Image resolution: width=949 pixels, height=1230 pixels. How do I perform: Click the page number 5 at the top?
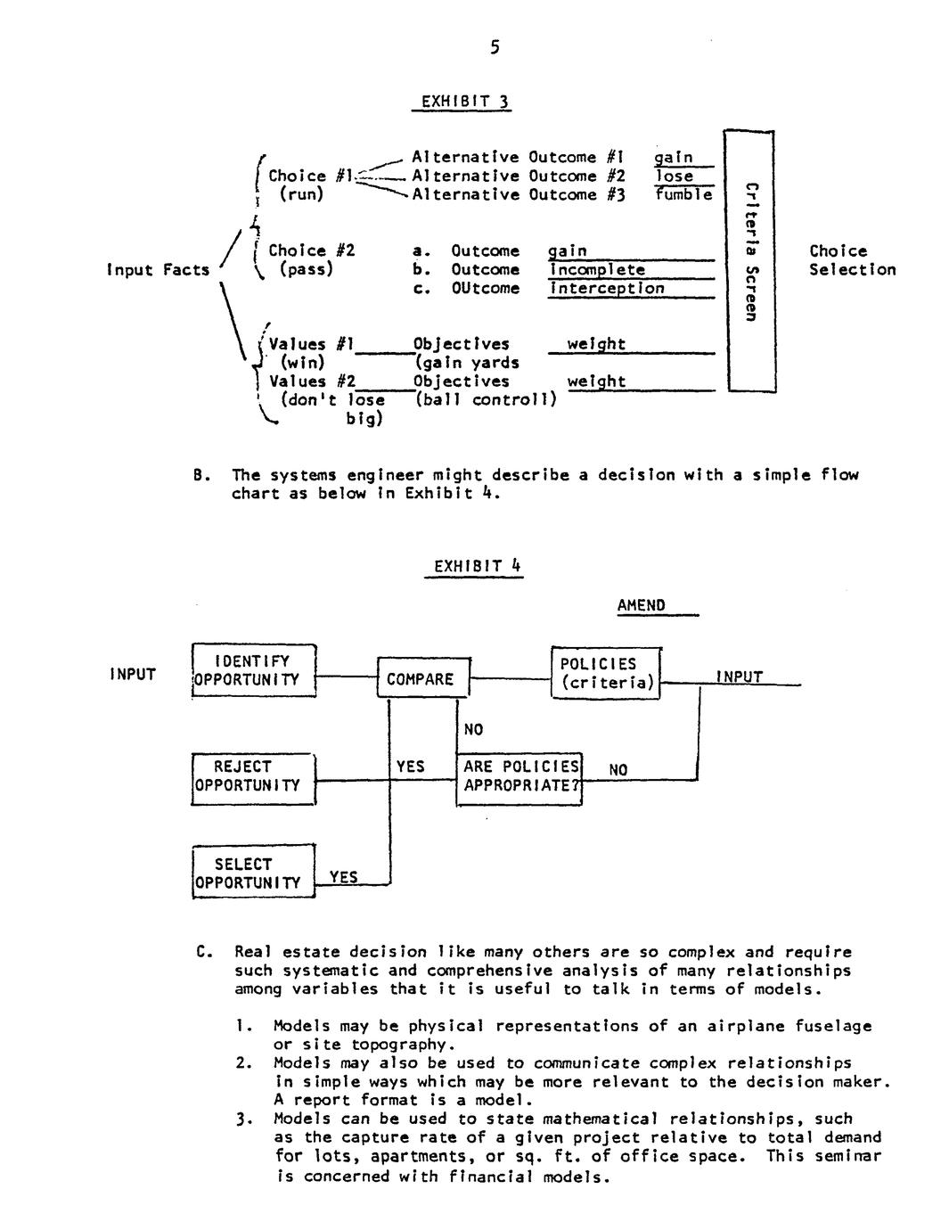[495, 48]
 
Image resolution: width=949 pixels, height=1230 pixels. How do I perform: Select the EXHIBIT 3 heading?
[461, 102]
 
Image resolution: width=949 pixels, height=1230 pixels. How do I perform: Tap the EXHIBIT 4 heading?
[477, 566]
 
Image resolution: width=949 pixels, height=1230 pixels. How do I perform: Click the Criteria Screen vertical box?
[750, 260]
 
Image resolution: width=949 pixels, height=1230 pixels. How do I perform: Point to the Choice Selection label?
[852, 260]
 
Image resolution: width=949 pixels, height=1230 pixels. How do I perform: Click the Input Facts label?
[158, 270]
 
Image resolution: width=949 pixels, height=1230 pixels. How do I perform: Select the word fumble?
[684, 194]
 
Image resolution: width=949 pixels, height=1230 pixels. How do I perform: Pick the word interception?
[607, 288]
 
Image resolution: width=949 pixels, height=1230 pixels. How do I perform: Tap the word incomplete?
[597, 269]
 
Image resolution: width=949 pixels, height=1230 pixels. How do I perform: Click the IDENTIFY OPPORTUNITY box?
[254, 670]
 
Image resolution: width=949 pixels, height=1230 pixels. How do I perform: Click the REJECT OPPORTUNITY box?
[254, 776]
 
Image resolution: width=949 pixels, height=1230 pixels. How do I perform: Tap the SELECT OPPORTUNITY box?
[254, 873]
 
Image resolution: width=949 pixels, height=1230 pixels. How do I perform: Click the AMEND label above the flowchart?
[641, 606]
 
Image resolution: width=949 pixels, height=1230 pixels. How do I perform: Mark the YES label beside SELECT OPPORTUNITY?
[343, 877]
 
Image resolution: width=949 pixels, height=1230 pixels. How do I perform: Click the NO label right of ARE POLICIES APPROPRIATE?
[618, 770]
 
